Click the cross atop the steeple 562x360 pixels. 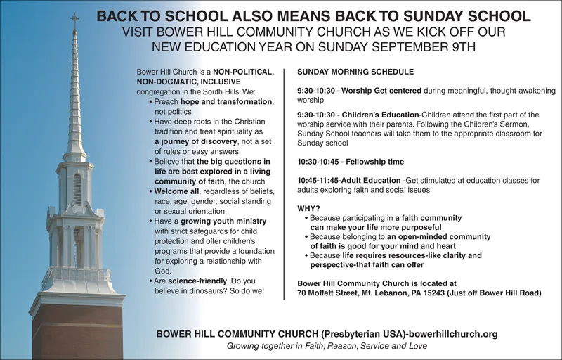[x=74, y=21]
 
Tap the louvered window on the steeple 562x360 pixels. [x=77, y=188]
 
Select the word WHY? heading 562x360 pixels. [x=309, y=208]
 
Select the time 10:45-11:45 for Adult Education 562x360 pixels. [x=319, y=180]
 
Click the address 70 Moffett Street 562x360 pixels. [x=334, y=292]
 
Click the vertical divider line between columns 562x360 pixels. [x=284, y=183]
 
